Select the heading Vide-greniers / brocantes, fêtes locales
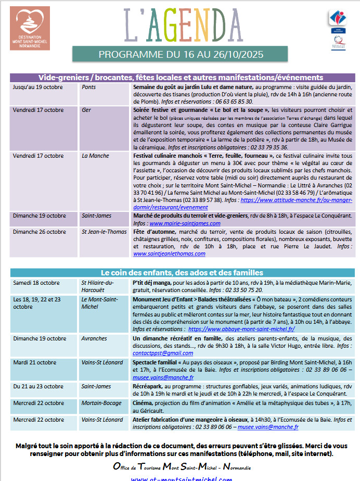point(181,77)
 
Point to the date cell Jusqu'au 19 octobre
point(37,87)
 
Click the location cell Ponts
point(89,87)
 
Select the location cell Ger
point(86,110)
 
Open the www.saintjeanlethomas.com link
point(169,254)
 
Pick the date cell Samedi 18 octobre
point(36,283)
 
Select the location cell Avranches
point(94,338)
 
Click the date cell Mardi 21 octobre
point(35,362)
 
